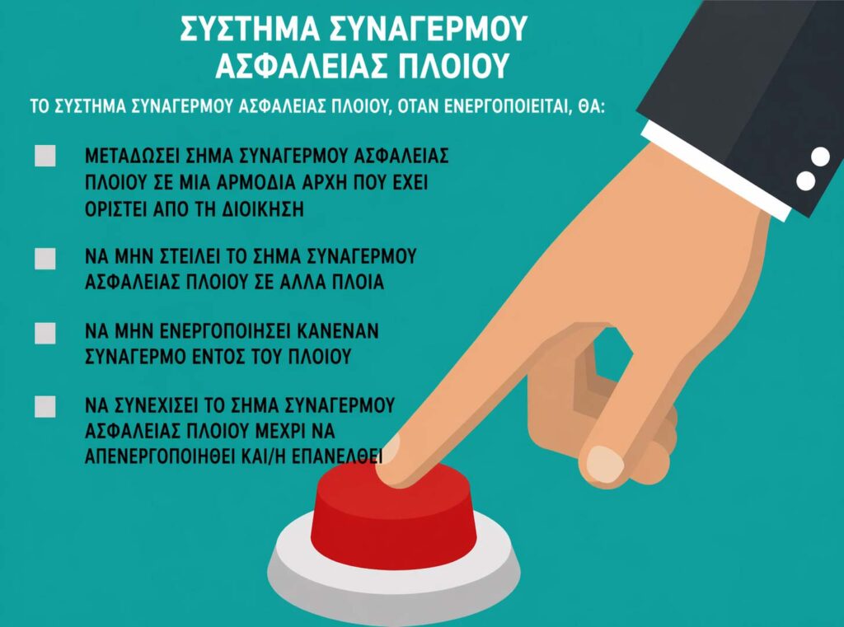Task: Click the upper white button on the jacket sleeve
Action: tap(820, 156)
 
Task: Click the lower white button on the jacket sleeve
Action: tap(805, 180)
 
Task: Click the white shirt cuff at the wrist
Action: tap(709, 165)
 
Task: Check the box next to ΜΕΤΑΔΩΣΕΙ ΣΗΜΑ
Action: tap(45, 157)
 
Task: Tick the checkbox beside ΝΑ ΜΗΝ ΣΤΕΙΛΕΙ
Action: tap(45, 258)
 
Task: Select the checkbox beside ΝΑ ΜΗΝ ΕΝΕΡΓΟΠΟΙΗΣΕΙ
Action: tap(45, 333)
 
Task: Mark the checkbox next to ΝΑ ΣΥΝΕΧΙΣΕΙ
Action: tap(45, 406)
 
